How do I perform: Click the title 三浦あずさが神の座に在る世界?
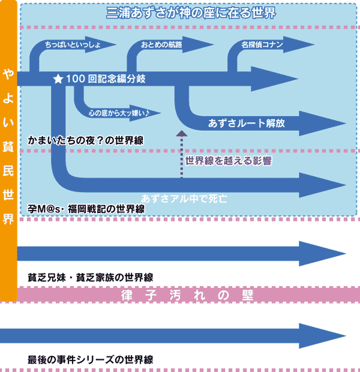pos(191,13)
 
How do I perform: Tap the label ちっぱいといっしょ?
pos(73,44)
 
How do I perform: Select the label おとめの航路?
pos(161,44)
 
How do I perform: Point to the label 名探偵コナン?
pos(262,44)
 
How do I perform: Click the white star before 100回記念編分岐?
pos(58,79)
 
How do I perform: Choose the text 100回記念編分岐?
pos(106,79)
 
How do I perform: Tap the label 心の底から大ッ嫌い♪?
pos(119,113)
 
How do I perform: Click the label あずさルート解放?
pos(247,124)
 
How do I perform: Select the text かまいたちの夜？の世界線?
pos(86,140)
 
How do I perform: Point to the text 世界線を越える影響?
pos(228,161)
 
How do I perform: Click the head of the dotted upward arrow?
pos(182,133)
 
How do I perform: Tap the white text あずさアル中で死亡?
pos(184,199)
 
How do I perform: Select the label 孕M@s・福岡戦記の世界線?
pos(86,209)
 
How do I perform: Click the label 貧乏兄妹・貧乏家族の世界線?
pos(91,277)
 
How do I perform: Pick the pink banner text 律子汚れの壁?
pos(187,295)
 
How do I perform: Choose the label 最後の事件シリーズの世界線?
pos(91,359)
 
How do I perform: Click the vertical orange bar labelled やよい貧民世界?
pos(8,151)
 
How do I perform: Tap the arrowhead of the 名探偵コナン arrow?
pos(299,44)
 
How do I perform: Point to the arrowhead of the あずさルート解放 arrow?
pos(322,124)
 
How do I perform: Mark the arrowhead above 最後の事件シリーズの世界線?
pos(322,336)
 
